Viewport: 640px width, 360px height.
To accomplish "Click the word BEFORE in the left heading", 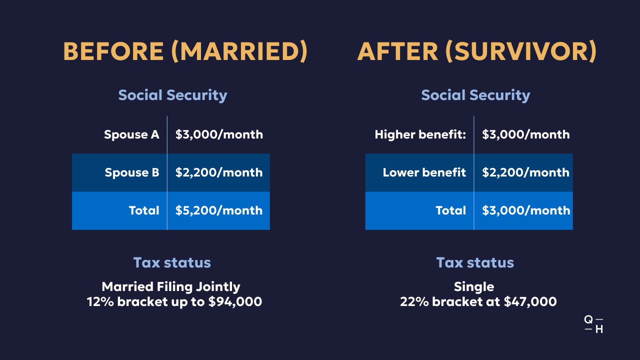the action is [x=113, y=51].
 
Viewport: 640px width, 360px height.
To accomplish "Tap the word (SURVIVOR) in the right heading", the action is [x=521, y=51].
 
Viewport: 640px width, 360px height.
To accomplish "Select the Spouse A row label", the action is [x=131, y=134].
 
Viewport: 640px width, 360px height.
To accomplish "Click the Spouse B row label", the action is [x=131, y=172].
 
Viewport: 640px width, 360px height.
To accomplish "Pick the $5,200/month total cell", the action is [x=219, y=210].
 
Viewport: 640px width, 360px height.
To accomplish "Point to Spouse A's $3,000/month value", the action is [x=219, y=134].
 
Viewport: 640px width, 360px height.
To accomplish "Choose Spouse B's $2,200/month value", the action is [x=219, y=172].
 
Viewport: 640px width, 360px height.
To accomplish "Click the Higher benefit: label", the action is [x=420, y=134].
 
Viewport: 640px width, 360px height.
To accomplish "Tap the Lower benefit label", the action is [x=424, y=172].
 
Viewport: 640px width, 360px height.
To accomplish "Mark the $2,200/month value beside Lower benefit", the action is [x=525, y=172].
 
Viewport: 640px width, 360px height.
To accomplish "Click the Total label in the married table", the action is [x=144, y=210].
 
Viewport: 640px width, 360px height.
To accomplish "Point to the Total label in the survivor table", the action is [x=451, y=210].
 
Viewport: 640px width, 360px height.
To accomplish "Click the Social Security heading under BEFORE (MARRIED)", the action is [x=172, y=95].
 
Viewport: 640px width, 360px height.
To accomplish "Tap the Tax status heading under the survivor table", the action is [x=475, y=262].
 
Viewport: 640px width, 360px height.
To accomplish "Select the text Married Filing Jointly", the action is [x=171, y=287].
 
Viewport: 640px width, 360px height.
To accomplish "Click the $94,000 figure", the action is [x=235, y=301].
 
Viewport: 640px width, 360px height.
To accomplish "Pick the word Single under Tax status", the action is [x=474, y=287].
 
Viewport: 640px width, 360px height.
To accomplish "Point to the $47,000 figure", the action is [x=530, y=301].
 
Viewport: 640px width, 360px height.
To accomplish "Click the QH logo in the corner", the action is [x=593, y=324].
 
